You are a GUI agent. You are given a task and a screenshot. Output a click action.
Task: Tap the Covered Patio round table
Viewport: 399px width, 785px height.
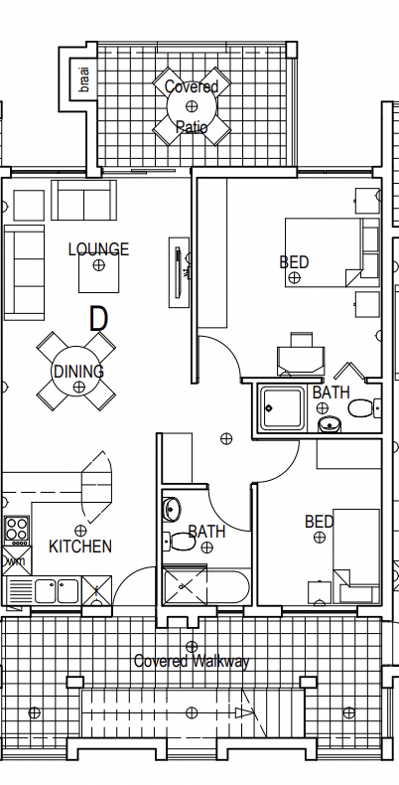[x=192, y=106]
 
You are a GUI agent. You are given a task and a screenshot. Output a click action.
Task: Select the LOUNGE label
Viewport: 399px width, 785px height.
[x=98, y=248]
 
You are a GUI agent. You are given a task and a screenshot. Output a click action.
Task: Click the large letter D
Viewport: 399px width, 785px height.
[x=98, y=318]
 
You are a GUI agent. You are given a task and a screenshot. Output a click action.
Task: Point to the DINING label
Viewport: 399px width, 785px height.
[x=78, y=372]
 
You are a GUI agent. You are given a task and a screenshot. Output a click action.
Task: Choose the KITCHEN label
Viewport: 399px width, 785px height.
[x=80, y=547]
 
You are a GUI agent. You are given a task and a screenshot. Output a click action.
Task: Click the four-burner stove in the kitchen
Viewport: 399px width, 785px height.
[x=17, y=531]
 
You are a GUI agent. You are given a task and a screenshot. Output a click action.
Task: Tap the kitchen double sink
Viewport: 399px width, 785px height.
[x=57, y=591]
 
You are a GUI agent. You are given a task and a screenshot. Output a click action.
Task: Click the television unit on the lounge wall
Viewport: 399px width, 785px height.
[x=179, y=272]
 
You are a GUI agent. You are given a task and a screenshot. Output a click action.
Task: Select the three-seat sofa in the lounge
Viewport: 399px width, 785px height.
[x=24, y=272]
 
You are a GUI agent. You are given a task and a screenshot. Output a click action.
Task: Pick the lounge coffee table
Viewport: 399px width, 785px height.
[x=99, y=273]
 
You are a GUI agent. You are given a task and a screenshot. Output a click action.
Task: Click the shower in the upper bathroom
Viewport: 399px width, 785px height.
[x=282, y=408]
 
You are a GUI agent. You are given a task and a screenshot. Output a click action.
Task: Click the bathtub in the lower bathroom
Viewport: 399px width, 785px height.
[x=206, y=586]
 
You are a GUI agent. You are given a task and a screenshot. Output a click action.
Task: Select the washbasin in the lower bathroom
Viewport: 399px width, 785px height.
[x=172, y=509]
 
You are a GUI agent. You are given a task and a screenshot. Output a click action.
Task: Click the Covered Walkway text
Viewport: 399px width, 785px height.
[x=192, y=662]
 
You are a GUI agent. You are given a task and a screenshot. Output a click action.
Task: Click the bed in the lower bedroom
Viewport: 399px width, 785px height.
[x=356, y=555]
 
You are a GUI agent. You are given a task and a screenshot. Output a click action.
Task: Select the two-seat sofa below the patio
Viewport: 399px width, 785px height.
[x=84, y=201]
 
